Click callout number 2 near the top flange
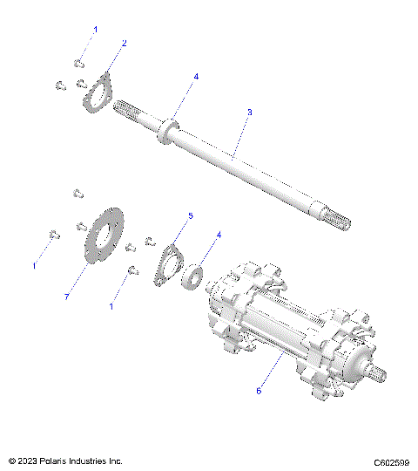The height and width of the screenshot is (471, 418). [124, 43]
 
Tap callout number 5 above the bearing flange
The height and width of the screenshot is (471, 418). [191, 215]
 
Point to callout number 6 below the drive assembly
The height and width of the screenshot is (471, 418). [259, 392]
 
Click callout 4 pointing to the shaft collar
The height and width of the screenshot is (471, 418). [196, 77]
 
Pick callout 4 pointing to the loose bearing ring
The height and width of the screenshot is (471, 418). [218, 235]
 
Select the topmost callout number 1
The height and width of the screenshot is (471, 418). [96, 31]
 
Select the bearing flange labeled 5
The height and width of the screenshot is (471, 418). [166, 266]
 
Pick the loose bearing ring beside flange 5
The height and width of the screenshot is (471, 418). [193, 277]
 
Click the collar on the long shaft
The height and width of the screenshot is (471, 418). [167, 131]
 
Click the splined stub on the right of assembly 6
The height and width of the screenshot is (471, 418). [382, 373]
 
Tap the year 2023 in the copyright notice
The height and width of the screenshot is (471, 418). [27, 461]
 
